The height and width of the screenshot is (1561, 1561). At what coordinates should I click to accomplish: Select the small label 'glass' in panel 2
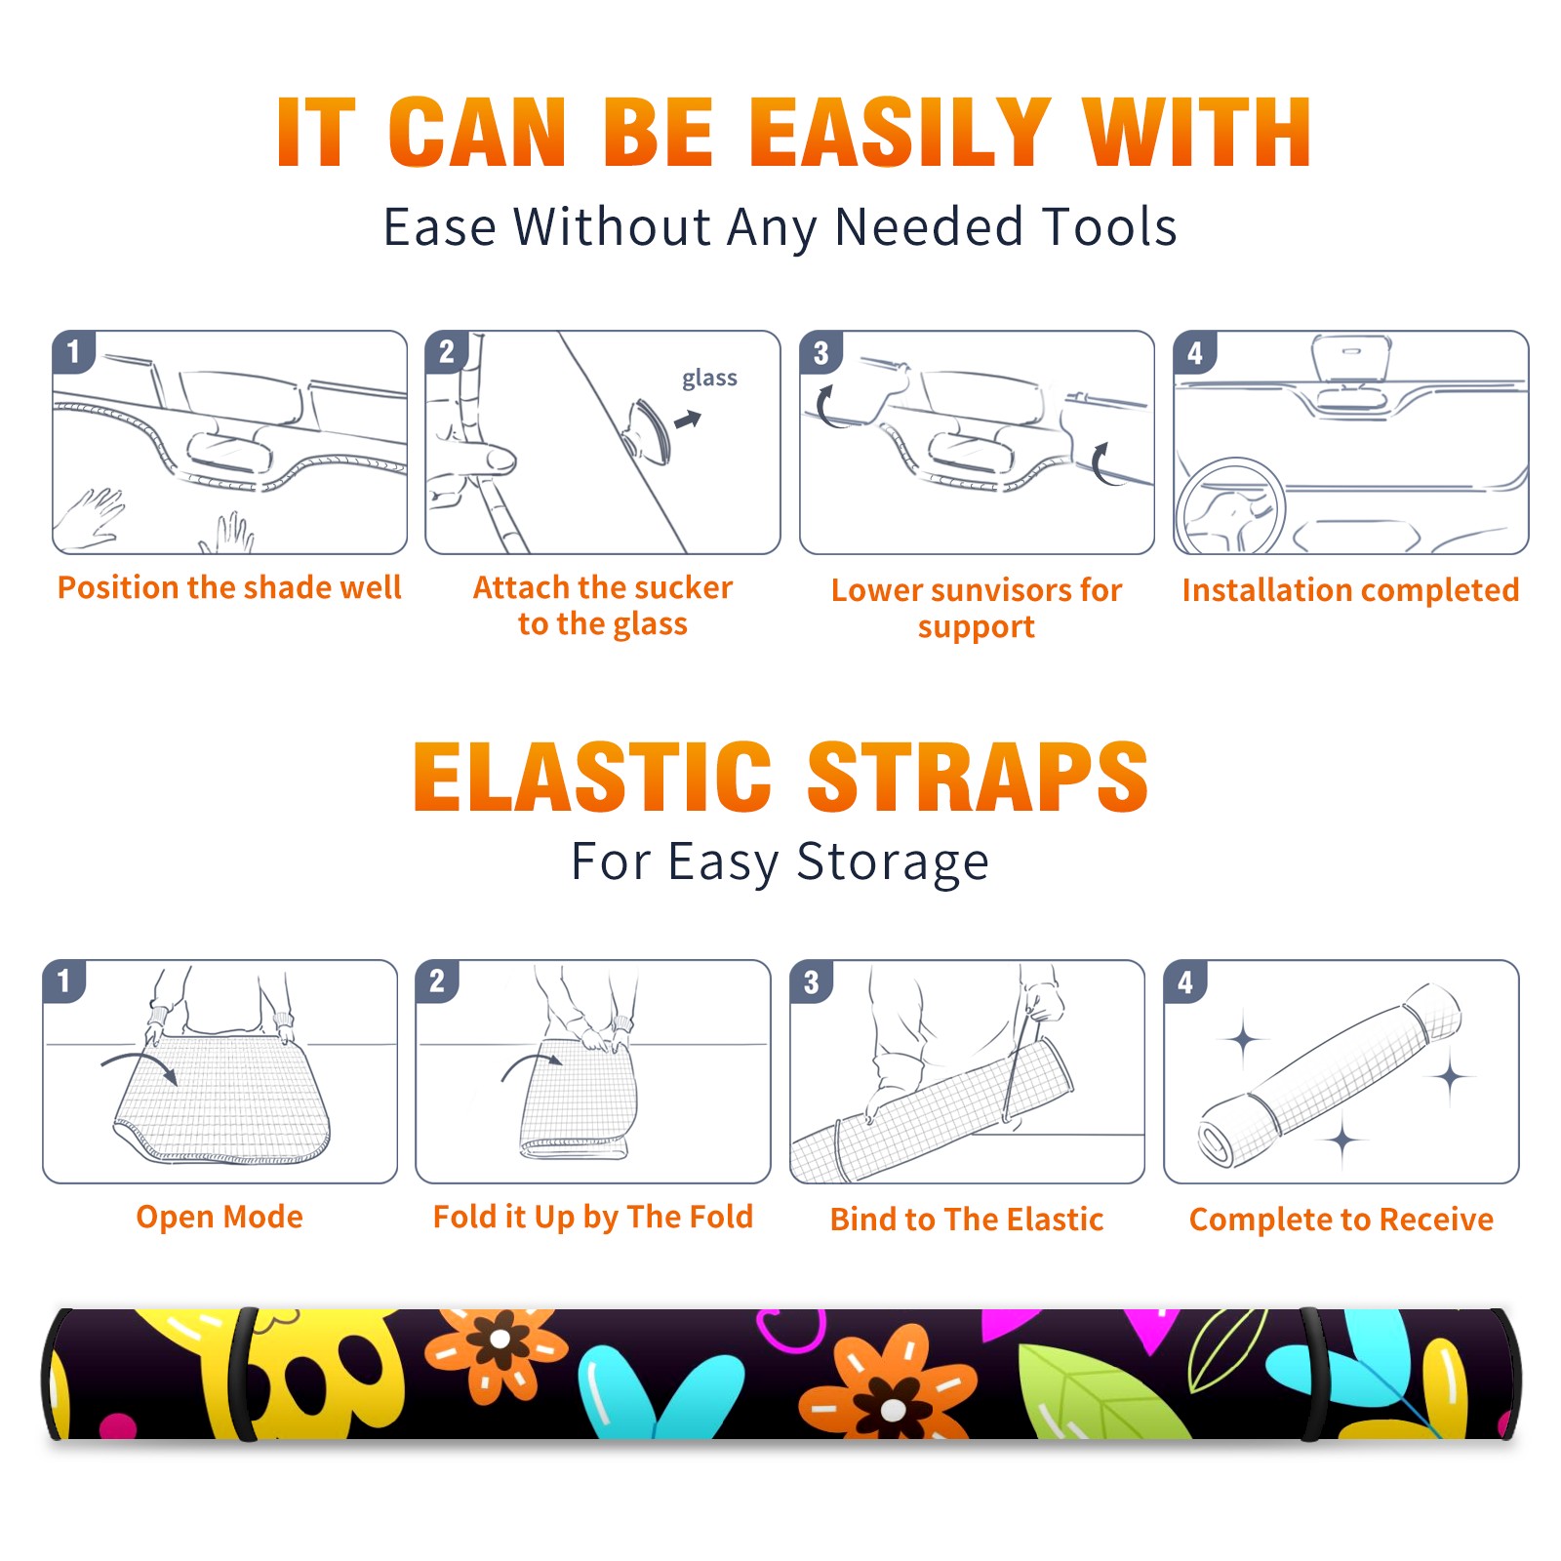(709, 379)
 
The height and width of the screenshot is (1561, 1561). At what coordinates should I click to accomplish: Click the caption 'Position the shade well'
(229, 587)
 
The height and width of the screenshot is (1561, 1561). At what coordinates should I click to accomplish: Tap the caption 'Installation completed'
(1350, 590)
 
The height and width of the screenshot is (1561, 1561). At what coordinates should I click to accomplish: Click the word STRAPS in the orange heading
(978, 777)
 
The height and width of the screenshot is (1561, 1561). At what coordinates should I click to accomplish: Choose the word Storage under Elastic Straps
(893, 862)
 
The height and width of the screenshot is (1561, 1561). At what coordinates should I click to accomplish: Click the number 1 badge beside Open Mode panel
(64, 981)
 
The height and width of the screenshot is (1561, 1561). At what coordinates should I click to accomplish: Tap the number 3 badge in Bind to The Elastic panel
(812, 981)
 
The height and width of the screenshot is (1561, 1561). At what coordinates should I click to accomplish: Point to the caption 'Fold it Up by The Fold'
(593, 1218)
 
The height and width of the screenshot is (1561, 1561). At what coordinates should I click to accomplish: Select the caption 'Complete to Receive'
(1341, 1220)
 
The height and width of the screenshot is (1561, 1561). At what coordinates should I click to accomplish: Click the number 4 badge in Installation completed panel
(1195, 353)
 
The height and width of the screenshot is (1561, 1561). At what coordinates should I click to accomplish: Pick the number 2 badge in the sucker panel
(447, 352)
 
